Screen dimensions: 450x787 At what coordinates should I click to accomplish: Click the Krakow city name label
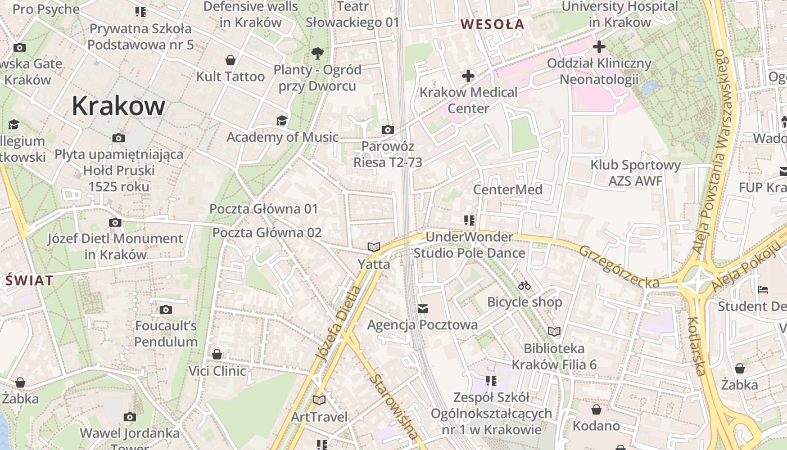click(119, 106)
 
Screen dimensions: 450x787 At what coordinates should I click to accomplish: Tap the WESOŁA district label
click(492, 24)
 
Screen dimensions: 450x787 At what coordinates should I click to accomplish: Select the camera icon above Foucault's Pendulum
click(165, 309)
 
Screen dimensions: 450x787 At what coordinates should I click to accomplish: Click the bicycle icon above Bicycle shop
click(524, 285)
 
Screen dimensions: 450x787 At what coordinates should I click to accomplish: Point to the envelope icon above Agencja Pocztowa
click(423, 308)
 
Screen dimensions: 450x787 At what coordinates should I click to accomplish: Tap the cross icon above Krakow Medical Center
click(468, 75)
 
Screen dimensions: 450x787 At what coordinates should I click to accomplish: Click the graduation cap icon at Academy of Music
click(282, 120)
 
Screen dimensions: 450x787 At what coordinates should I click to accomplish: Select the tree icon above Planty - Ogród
click(318, 53)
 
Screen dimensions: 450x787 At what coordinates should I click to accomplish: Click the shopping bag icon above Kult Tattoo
click(230, 60)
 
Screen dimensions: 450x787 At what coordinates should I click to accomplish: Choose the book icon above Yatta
click(374, 247)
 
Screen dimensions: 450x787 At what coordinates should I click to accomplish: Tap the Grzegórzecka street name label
click(618, 267)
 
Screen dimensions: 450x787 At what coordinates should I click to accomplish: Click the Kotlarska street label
click(696, 346)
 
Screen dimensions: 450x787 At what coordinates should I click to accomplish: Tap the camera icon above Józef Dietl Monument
click(115, 223)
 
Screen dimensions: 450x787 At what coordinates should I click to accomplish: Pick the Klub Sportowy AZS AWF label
click(635, 173)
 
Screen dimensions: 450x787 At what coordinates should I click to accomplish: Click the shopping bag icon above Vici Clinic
click(217, 354)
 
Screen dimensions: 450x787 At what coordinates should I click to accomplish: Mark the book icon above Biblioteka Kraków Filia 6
click(554, 332)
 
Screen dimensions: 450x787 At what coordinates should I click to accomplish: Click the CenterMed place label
click(508, 190)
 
